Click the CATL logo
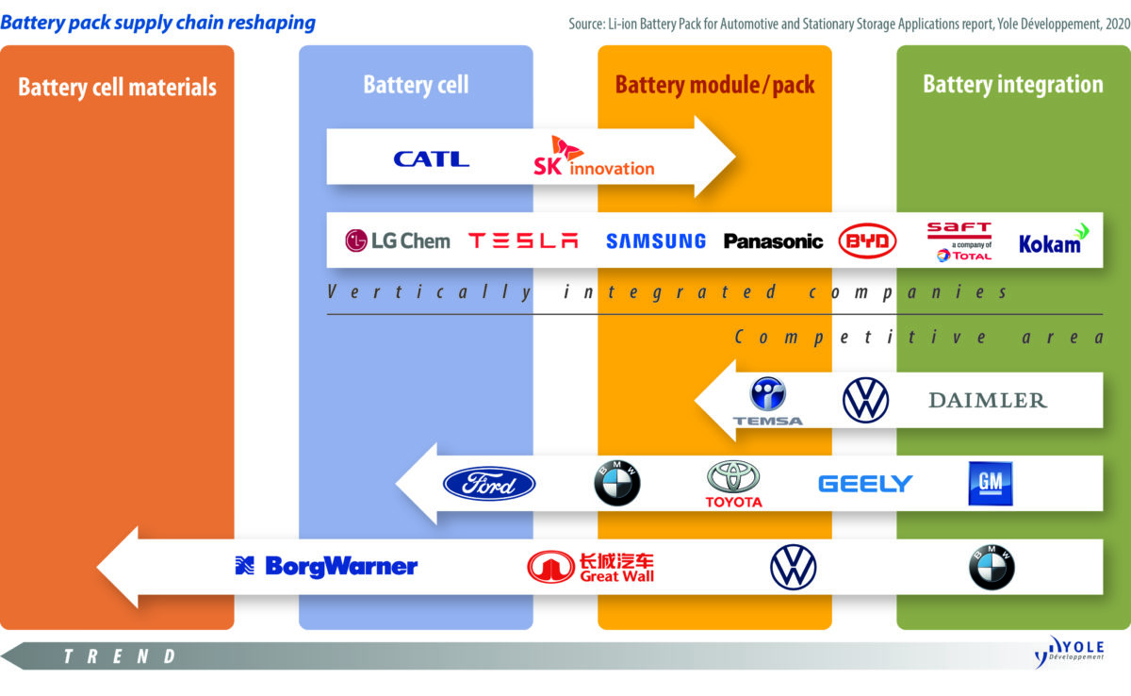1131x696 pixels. click(431, 158)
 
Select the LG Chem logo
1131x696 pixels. click(397, 240)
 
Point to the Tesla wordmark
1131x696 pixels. click(523, 240)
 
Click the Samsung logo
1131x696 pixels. click(655, 241)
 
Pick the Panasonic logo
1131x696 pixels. click(773, 241)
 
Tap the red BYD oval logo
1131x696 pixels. click(867, 241)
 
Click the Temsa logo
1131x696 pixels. click(768, 402)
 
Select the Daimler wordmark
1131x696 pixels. click(988, 401)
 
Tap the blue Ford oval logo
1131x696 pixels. click(489, 484)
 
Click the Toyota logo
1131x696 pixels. click(733, 484)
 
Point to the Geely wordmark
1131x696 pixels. click(865, 484)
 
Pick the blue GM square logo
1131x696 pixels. click(990, 484)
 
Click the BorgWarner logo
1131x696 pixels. click(326, 566)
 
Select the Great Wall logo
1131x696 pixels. click(591, 566)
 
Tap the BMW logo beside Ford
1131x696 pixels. click(616, 484)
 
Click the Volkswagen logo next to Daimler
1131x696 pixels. click(865, 400)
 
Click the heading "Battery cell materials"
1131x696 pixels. click(117, 88)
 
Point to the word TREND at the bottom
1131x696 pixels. click(120, 656)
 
